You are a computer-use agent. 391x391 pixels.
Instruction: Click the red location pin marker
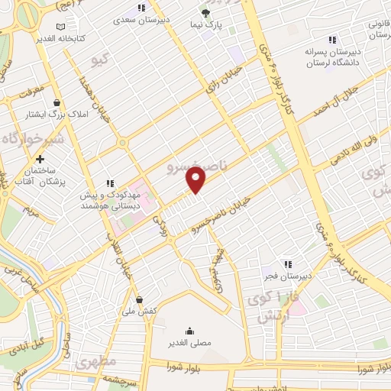[x=197, y=180]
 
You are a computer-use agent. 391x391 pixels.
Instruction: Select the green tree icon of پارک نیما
[x=205, y=13]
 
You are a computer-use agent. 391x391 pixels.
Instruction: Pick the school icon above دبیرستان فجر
[x=289, y=263]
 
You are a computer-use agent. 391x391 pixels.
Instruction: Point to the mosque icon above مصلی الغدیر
[x=189, y=330]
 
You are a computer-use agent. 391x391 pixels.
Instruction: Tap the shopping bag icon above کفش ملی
[x=138, y=299]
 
